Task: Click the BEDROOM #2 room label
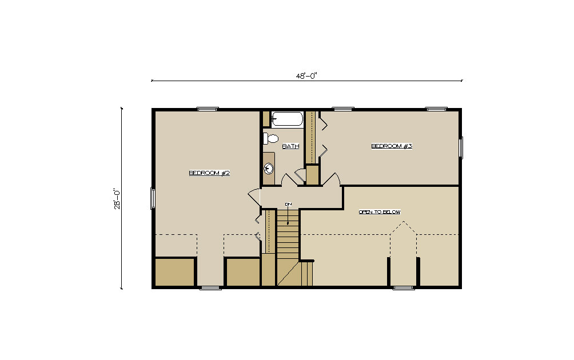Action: pyautogui.click(x=209, y=173)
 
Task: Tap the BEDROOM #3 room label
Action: pyautogui.click(x=392, y=146)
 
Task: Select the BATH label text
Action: pyautogui.click(x=290, y=146)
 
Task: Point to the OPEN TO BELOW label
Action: pyautogui.click(x=380, y=212)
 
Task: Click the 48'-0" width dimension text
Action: pyautogui.click(x=306, y=76)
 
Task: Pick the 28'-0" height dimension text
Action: pyautogui.click(x=117, y=199)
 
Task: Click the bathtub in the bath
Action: pyautogui.click(x=288, y=119)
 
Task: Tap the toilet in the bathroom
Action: pyautogui.click(x=271, y=139)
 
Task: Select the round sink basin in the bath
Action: pyautogui.click(x=269, y=169)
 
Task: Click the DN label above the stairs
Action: pyautogui.click(x=289, y=204)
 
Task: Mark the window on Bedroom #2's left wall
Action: pyautogui.click(x=153, y=198)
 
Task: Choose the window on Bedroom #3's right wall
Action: pyautogui.click(x=461, y=148)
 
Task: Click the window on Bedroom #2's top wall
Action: pyautogui.click(x=208, y=109)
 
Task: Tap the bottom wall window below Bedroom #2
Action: pyautogui.click(x=210, y=288)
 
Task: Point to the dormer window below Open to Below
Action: pyautogui.click(x=404, y=288)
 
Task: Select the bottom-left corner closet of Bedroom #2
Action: pyautogui.click(x=174, y=272)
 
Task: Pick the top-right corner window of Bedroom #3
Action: pyautogui.click(x=436, y=109)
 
